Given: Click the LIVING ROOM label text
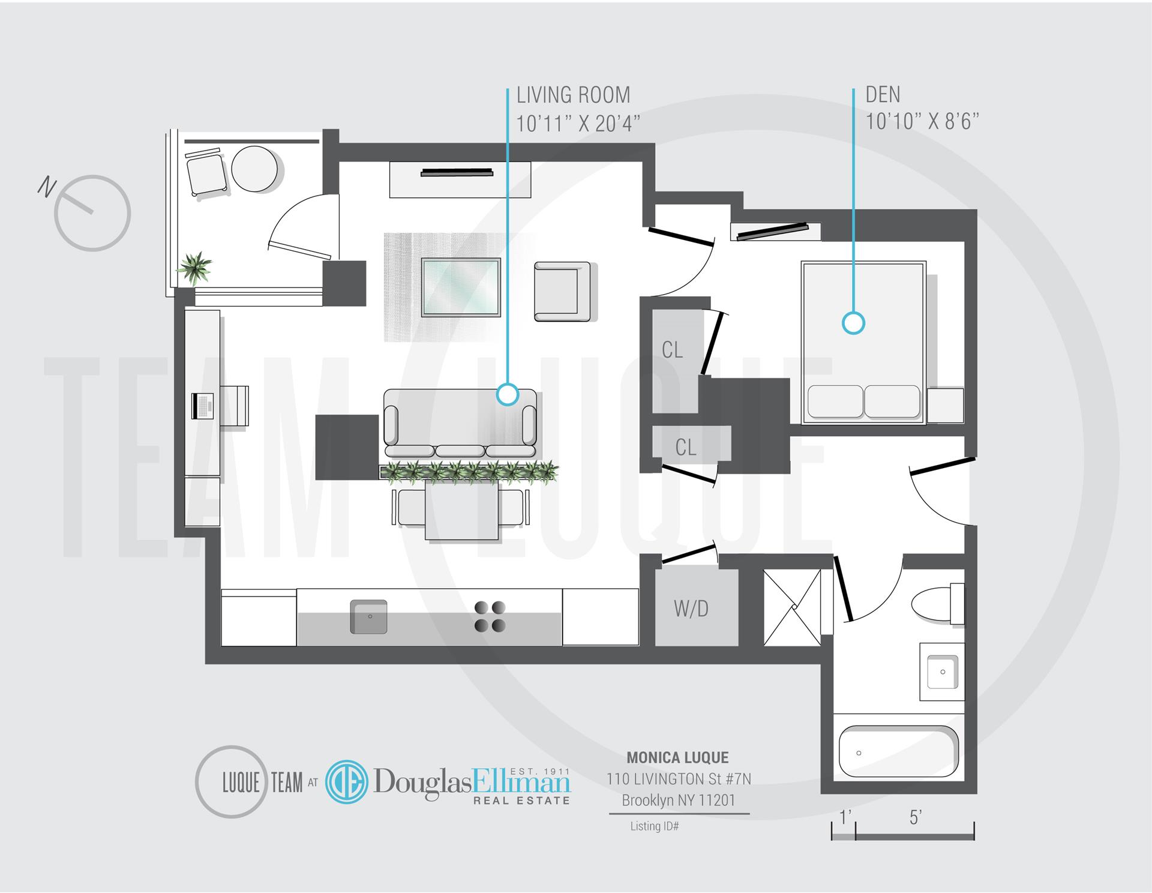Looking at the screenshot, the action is [573, 95].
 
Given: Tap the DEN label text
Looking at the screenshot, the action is [883, 94].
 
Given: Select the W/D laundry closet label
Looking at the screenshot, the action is [691, 609].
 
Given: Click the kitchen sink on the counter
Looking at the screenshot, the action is [368, 616].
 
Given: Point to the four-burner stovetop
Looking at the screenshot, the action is [490, 617].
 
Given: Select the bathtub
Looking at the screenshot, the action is [898, 752].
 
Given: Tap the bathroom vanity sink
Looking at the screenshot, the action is [942, 672].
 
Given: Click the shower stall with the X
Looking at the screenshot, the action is [792, 607].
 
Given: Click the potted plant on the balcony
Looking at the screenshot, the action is [195, 268].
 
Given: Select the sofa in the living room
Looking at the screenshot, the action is [460, 422].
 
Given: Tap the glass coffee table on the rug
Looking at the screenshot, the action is [460, 287].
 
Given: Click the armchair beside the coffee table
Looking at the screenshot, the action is [562, 290].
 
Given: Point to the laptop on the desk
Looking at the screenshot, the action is [202, 406].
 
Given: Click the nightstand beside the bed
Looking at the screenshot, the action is [945, 406].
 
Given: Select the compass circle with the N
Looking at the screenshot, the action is [92, 213].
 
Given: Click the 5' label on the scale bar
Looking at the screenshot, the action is [915, 817].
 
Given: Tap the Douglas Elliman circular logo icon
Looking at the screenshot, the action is [347, 781].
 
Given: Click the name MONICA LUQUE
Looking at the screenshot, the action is [677, 757].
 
